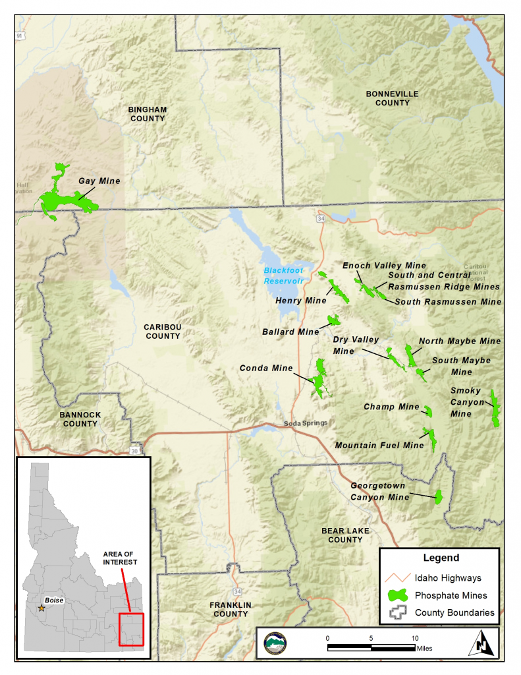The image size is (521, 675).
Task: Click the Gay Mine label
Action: [x=99, y=181]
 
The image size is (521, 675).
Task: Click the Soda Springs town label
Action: [x=305, y=423]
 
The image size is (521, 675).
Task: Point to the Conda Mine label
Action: [x=266, y=368]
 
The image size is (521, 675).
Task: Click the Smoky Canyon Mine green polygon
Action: [x=495, y=409]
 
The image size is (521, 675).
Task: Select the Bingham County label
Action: [x=148, y=113]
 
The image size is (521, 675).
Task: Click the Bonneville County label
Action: [x=392, y=98]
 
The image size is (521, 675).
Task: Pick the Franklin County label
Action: [x=231, y=609]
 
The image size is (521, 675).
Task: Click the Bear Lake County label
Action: [x=345, y=535]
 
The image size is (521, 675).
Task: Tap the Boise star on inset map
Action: [x=41, y=608]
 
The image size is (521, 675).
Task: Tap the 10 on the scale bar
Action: [x=415, y=638]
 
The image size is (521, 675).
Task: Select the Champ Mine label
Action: [x=391, y=407]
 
